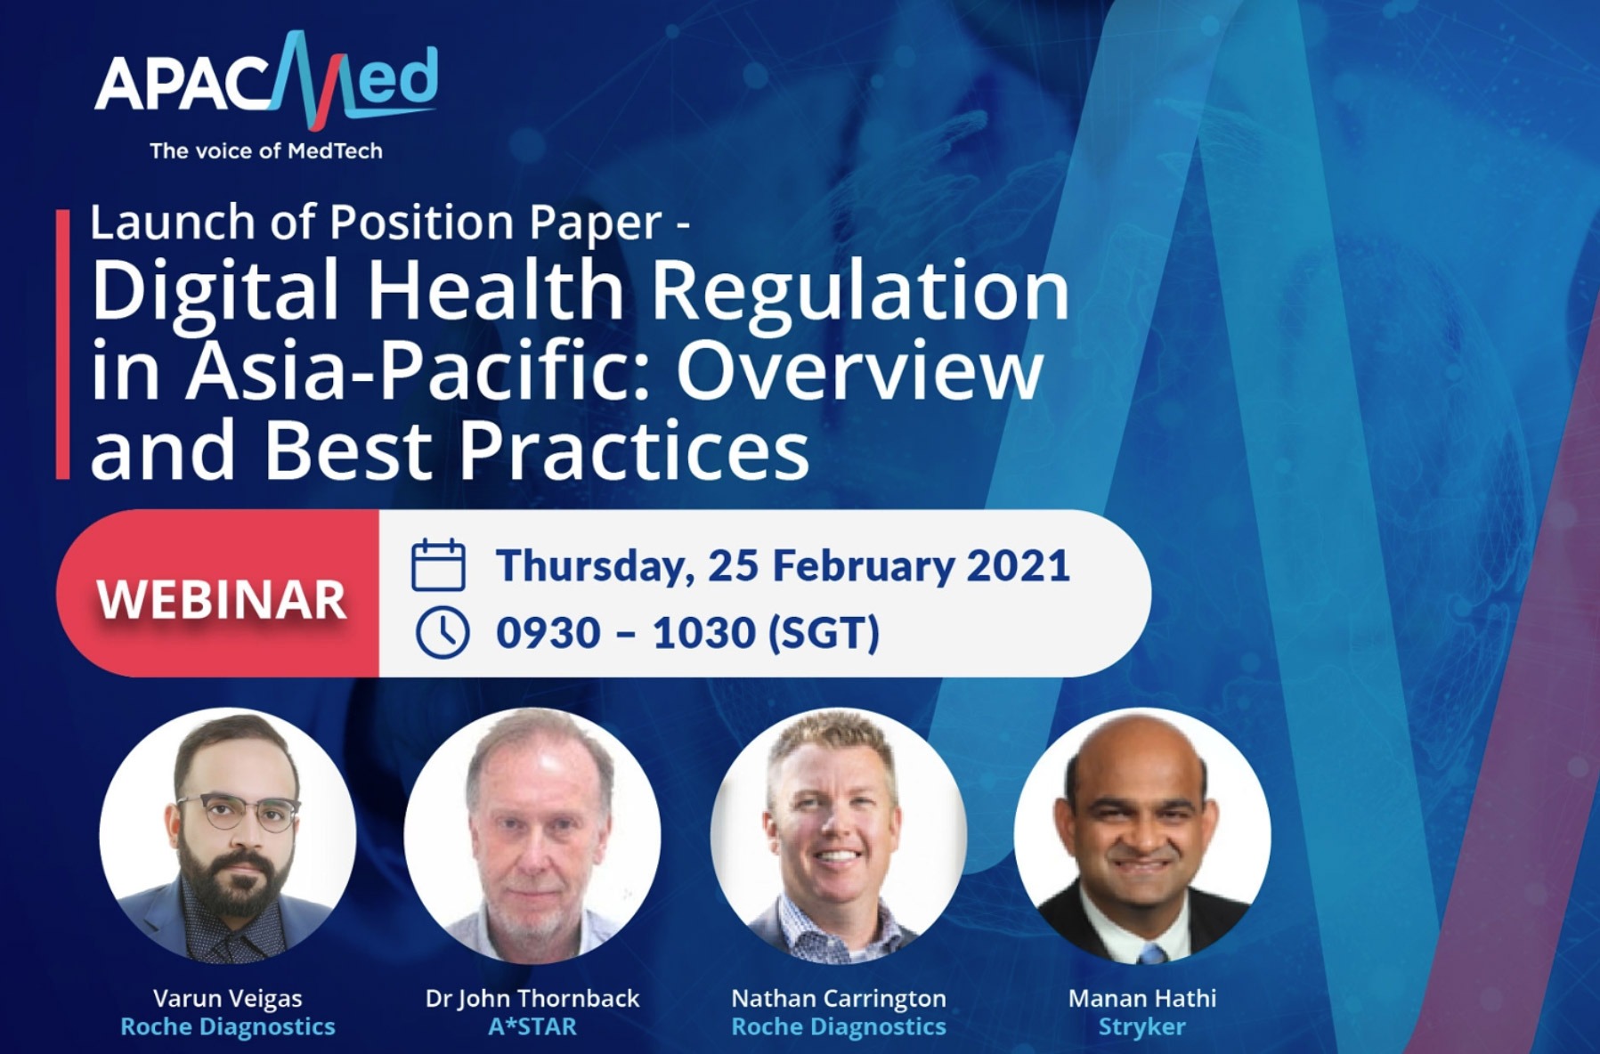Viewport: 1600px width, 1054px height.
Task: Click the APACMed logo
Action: click(x=266, y=81)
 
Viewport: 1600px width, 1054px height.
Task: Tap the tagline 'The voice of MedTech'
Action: click(x=266, y=151)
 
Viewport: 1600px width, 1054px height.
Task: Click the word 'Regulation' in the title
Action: click(x=860, y=291)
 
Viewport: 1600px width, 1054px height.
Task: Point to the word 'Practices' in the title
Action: click(x=634, y=450)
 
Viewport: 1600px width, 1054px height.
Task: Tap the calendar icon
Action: click(x=438, y=564)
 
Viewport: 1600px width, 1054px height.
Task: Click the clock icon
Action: click(x=443, y=633)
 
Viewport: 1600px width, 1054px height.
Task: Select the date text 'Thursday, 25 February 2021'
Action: click(x=783, y=566)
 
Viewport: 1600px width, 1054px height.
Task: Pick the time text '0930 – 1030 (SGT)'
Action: click(x=687, y=633)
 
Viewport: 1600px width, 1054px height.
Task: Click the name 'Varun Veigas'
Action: click(x=228, y=999)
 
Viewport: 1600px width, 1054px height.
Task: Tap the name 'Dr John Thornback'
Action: click(x=532, y=999)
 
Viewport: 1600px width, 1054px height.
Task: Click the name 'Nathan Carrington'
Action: click(x=839, y=999)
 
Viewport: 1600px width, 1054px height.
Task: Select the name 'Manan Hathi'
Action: click(x=1142, y=999)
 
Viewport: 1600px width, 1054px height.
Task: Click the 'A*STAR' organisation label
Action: click(x=532, y=1027)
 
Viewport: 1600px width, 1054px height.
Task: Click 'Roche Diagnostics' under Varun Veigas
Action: click(x=228, y=1027)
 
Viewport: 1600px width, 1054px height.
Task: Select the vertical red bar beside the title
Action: click(x=62, y=345)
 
